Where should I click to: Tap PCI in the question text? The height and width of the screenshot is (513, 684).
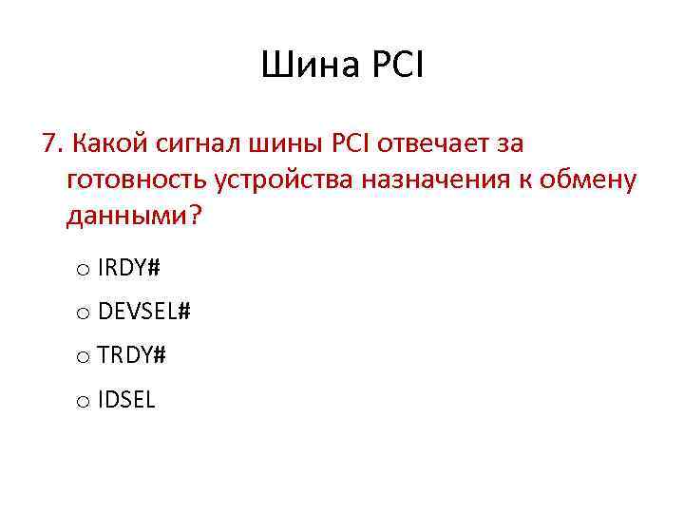click(x=351, y=144)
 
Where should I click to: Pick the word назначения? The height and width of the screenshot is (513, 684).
click(x=441, y=180)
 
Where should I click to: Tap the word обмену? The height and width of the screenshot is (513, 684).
click(x=588, y=180)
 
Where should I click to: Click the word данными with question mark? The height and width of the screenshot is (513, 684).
click(x=134, y=216)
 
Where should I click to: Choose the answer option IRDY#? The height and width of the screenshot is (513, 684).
click(x=128, y=268)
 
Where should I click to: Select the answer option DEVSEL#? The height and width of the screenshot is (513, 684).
click(x=143, y=312)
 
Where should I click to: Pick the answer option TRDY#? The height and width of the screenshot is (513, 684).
click(x=131, y=355)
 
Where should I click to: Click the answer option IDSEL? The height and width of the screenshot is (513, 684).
click(x=125, y=400)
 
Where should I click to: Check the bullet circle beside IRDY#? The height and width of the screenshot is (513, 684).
click(x=83, y=271)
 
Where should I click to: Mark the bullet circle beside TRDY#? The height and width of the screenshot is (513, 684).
click(x=83, y=358)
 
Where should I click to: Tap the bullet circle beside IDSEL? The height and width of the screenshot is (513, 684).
click(x=83, y=403)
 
